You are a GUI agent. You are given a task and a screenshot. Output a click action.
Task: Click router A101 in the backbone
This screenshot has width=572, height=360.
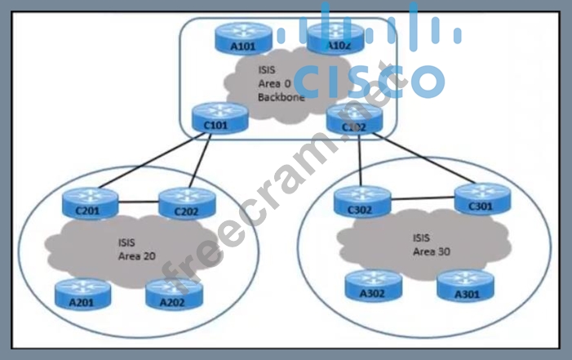pyautogui.click(x=242, y=38)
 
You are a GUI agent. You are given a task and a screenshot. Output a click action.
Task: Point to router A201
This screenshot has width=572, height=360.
pyautogui.click(x=82, y=293)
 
